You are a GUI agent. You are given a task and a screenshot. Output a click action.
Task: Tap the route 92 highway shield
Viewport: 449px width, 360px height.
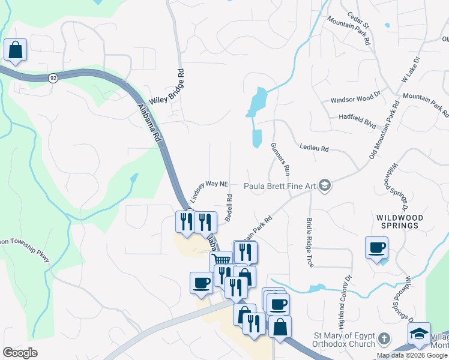[x=53, y=78]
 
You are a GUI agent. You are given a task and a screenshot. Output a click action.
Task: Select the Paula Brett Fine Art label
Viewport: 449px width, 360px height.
[x=279, y=186]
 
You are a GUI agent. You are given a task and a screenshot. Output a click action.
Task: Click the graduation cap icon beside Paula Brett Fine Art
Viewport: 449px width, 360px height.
[x=325, y=185]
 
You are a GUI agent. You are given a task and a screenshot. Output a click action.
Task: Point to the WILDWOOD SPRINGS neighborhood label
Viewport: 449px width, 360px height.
[x=400, y=221]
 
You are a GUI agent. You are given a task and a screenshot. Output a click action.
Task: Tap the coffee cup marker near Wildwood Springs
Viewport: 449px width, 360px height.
[x=377, y=248]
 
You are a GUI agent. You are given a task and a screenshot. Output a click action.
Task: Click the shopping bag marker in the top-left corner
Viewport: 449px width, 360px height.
[x=15, y=51]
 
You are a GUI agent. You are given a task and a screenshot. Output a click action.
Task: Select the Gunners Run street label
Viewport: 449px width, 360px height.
[x=281, y=159]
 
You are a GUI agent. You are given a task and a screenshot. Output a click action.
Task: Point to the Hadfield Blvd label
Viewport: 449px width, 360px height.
[x=357, y=117]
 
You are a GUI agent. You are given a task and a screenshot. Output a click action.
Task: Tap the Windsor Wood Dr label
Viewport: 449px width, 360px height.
[x=355, y=100]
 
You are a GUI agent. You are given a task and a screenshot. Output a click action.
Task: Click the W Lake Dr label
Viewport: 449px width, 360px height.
[x=408, y=79]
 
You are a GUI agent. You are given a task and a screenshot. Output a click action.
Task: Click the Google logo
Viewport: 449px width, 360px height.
[x=20, y=353]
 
